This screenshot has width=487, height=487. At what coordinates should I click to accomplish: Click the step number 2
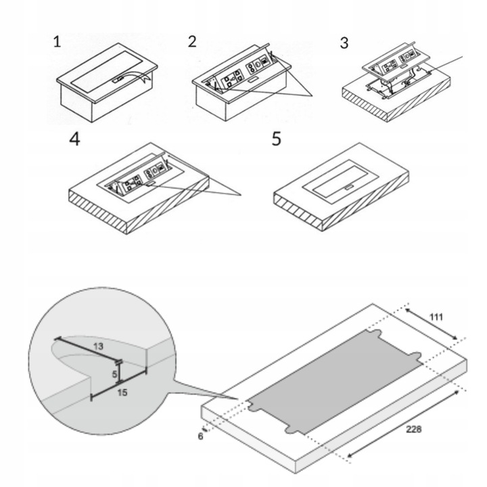click(193, 42)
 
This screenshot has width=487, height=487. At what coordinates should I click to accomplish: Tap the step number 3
click(345, 44)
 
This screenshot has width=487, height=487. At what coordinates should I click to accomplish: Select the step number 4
click(75, 140)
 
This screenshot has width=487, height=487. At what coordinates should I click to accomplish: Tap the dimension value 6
click(201, 436)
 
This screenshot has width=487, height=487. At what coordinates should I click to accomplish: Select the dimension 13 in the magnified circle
click(99, 346)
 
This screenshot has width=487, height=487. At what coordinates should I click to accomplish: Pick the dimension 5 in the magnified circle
click(114, 373)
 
